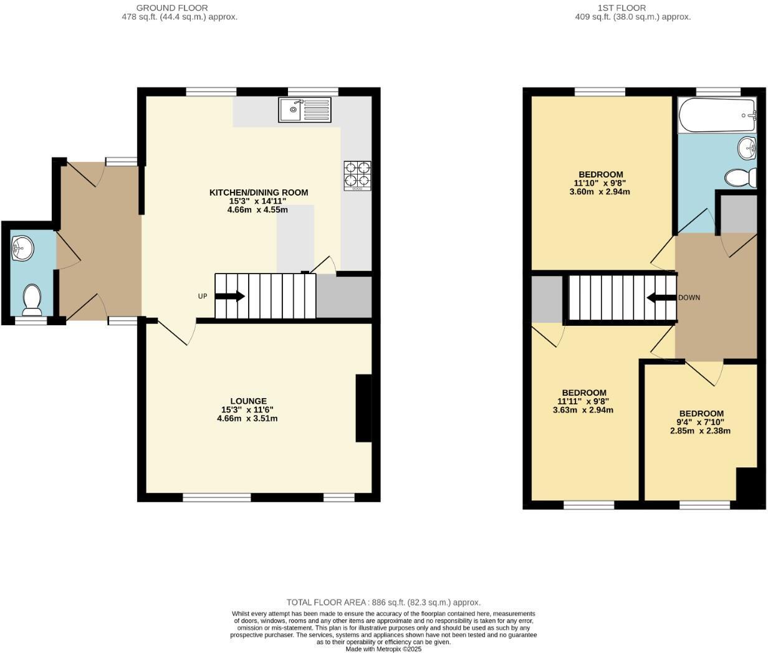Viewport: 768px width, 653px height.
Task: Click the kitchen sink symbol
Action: pos(305,110)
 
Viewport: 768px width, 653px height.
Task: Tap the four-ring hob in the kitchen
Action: pos(357,174)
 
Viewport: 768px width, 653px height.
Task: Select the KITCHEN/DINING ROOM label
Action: pos(258,193)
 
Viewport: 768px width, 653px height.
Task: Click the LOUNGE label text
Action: pos(248,401)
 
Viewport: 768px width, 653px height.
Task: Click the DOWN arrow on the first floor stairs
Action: pos(661,298)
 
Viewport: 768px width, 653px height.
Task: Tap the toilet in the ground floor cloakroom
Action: pos(32,300)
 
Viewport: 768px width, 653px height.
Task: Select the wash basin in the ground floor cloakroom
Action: pos(23,247)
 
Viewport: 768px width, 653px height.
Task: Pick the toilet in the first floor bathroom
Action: pos(741,178)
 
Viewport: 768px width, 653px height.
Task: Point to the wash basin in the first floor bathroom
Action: pos(747,148)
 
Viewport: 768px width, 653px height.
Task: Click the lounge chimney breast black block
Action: pos(363,408)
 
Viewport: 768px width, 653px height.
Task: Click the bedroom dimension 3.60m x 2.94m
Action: pos(600,192)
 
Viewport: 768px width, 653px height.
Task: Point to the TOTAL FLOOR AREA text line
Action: pos(383,603)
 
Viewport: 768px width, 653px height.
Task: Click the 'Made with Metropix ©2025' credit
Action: pos(383,649)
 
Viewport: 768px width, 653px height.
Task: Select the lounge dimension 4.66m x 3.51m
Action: pos(247,419)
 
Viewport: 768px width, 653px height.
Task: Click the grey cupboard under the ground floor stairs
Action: pos(343,297)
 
